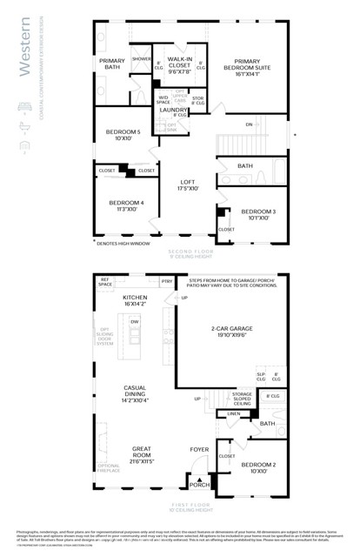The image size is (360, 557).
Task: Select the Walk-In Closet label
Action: click(179, 64)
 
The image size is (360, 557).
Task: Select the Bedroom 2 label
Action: click(257, 469)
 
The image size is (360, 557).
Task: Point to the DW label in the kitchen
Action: click(134, 322)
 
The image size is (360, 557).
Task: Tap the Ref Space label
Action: click(105, 283)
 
